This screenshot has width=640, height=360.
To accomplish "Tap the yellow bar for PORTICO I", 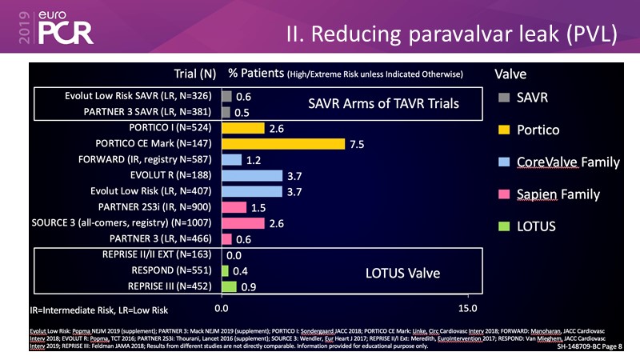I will tap(242, 128).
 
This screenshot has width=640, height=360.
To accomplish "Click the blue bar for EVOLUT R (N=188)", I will tap(251, 175).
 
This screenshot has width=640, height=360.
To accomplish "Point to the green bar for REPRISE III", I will tap(229, 286).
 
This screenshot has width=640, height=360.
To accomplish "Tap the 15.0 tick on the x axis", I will tap(467, 308).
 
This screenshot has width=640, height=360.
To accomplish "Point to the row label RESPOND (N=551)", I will tap(174, 270).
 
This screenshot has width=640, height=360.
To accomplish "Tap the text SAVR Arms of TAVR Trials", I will tap(384, 104).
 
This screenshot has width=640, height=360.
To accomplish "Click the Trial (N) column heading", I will tap(195, 74).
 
